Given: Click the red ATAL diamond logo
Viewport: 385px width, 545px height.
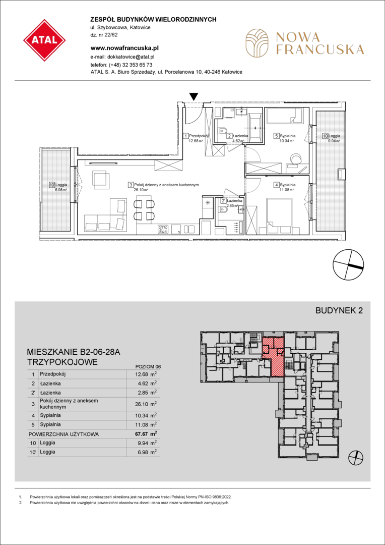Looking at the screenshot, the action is point(45,40).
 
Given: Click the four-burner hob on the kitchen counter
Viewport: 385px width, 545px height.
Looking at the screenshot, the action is point(163,229).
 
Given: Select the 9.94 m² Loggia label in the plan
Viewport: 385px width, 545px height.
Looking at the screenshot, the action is point(332,141).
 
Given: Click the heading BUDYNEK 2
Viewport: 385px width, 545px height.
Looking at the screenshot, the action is point(339,311).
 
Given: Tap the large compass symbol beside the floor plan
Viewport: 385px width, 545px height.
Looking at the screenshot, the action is point(348,264).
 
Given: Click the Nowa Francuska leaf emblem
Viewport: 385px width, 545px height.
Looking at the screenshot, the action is point(257,43).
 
